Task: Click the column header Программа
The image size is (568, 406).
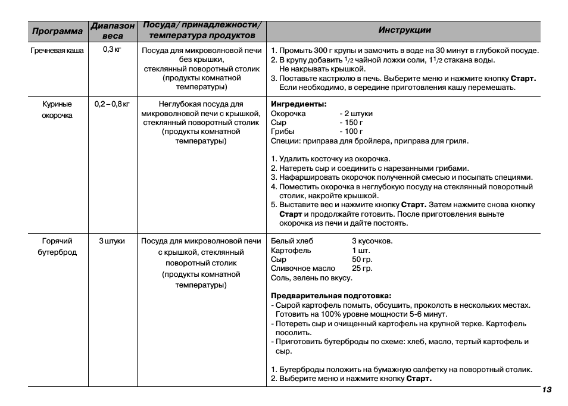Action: pyautogui.click(x=57, y=31)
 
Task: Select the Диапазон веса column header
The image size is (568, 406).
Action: pyautogui.click(x=113, y=31)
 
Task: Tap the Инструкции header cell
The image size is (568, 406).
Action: pyautogui.click(x=404, y=30)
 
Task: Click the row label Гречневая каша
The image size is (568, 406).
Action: pyautogui.click(x=57, y=51)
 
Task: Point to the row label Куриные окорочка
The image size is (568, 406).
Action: pyautogui.click(x=57, y=110)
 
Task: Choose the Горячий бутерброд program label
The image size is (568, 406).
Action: pyautogui.click(x=57, y=246)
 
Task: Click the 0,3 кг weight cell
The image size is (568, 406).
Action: pyautogui.click(x=112, y=50)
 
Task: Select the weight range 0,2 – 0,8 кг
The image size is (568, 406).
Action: pyautogui.click(x=112, y=104)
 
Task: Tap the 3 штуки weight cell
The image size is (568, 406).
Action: pyautogui.click(x=112, y=241)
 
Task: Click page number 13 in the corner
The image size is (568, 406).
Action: pyautogui.click(x=547, y=390)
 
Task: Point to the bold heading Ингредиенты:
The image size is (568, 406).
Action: pyautogui.click(x=299, y=104)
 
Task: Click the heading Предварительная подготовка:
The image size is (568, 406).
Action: pyautogui.click(x=331, y=296)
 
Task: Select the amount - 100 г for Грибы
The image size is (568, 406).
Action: pyautogui.click(x=351, y=132)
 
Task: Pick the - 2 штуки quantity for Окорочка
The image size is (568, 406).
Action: pyautogui.click(x=356, y=113)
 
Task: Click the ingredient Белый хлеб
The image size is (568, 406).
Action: pyautogui.click(x=292, y=241)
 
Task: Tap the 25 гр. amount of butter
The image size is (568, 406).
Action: pyautogui.click(x=362, y=268)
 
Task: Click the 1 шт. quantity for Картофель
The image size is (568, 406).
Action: pyautogui.click(x=361, y=251)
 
